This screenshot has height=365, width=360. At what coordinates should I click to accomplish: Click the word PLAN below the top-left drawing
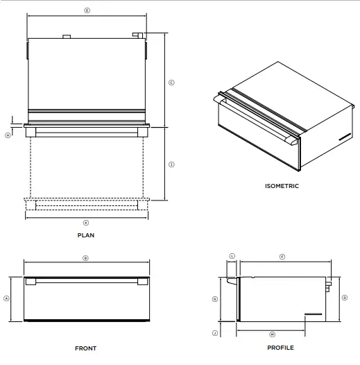click(86, 235)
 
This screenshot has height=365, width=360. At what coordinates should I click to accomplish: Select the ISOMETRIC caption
click(282, 186)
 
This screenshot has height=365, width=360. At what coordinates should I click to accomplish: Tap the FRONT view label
click(85, 348)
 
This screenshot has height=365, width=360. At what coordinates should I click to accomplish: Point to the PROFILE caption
click(280, 348)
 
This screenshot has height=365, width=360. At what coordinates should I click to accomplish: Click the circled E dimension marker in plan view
click(86, 10)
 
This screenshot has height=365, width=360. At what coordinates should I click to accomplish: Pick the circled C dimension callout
click(171, 82)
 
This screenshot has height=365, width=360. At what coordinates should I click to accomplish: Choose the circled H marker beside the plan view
click(8, 135)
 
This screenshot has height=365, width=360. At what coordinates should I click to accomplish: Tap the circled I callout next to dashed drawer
click(171, 164)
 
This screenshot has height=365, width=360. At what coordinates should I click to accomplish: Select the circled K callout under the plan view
click(86, 223)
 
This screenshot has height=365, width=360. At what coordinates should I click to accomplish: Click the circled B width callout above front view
click(85, 257)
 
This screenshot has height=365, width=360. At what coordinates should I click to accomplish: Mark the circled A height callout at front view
click(6, 298)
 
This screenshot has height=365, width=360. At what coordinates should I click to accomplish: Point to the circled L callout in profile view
click(232, 256)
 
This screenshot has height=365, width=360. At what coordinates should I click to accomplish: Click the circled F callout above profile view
click(282, 257)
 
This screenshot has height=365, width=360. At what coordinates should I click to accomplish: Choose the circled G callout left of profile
click(215, 298)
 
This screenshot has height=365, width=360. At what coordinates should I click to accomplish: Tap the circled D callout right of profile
click(345, 298)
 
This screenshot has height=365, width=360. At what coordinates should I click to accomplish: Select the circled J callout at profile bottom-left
click(215, 334)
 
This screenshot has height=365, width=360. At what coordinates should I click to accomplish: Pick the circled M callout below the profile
click(272, 334)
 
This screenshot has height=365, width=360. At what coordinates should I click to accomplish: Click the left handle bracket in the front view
click(31, 282)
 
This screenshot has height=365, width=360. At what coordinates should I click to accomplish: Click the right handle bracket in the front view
click(142, 282)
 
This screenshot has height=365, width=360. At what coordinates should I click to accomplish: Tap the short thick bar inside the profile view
click(314, 314)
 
